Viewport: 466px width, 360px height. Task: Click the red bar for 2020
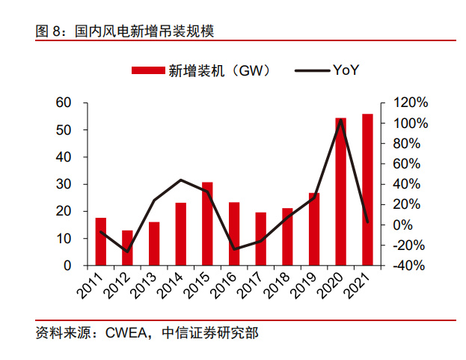340,192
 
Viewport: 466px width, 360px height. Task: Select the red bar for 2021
367,190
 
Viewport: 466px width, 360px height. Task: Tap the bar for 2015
207,224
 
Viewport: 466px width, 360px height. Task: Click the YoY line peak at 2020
341,120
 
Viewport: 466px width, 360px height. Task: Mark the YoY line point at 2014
181,180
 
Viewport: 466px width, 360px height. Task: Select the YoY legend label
346,71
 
